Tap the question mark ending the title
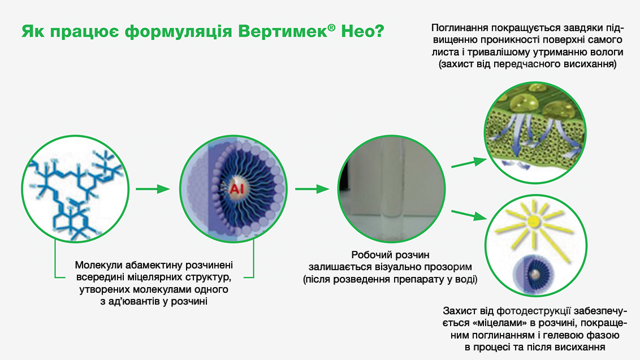click(379, 31)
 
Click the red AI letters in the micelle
click(236, 189)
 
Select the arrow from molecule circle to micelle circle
click(153, 189)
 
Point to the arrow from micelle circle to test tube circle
click(312, 189)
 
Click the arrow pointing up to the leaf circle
click(469, 163)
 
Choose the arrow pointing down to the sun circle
click(469, 215)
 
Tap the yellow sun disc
click(534, 221)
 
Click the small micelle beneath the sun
click(533, 273)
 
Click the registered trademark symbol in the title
click(331, 27)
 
